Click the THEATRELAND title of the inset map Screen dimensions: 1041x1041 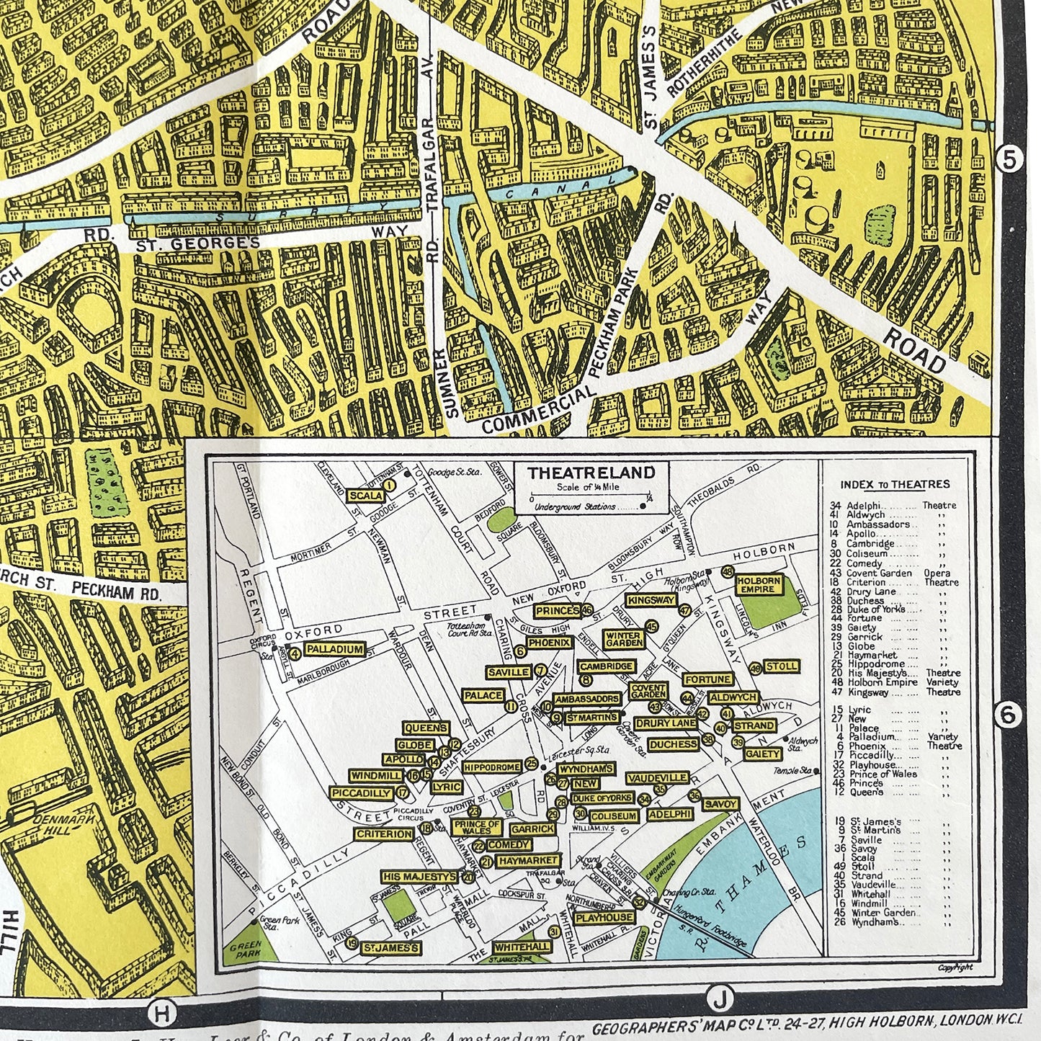click(x=591, y=473)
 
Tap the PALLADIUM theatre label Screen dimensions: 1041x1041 click(x=334, y=649)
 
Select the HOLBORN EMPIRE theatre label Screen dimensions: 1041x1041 click(x=759, y=584)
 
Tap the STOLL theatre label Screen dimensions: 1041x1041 click(x=781, y=666)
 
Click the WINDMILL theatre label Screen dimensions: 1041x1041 click(x=375, y=776)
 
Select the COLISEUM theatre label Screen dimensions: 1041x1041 click(x=614, y=816)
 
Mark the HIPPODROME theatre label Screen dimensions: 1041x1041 click(x=493, y=768)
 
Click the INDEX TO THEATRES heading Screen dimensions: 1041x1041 click(x=895, y=485)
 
